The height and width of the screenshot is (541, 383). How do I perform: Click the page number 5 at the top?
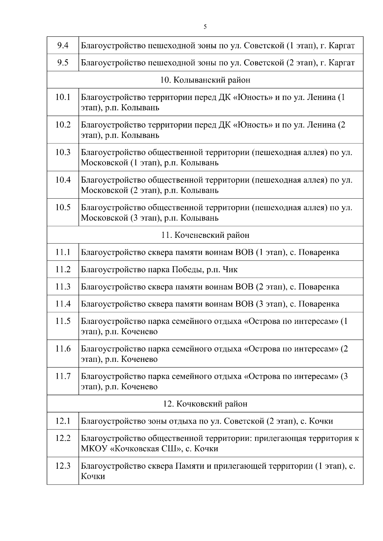(x=205, y=27)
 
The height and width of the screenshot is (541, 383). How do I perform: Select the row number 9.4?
(x=63, y=46)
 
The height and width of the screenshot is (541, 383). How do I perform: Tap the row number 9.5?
(x=63, y=63)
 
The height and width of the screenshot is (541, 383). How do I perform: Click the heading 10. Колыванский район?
(x=205, y=80)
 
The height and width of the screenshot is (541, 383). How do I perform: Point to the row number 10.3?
(x=63, y=152)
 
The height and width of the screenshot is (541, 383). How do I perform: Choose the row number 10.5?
(x=63, y=208)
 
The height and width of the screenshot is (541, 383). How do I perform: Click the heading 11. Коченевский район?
(x=205, y=235)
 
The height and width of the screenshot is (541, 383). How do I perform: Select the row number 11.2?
(x=63, y=270)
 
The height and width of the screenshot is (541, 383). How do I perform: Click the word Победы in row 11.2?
(x=187, y=270)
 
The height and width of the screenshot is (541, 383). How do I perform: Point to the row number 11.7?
(x=63, y=377)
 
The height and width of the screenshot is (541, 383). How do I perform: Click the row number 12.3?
(x=63, y=466)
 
